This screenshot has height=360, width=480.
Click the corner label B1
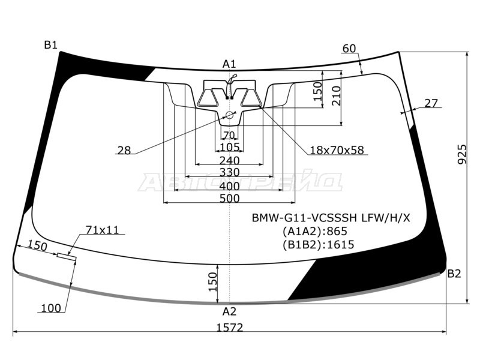tap(51, 46)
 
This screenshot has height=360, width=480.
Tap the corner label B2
tap(454, 274)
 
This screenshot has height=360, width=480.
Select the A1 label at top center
tap(229, 64)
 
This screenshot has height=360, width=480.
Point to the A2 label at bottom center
tap(230, 311)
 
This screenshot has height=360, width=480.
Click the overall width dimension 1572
tap(230, 328)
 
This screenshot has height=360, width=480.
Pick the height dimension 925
tap(462, 154)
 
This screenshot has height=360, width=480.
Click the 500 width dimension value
tap(230, 199)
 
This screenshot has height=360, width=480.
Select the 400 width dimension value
tap(230, 186)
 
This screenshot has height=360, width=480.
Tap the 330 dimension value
tap(230, 172)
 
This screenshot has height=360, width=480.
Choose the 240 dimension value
tap(230, 160)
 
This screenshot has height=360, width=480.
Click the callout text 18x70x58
tap(337, 150)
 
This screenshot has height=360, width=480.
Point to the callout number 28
tap(124, 151)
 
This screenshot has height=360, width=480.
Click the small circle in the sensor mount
tap(229, 115)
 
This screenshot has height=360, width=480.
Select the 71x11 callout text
tap(102, 230)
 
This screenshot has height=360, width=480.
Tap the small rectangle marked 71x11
tap(67, 257)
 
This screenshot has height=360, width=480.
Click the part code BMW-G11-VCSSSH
tap(304, 218)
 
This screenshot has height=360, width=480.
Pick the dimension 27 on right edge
tap(431, 103)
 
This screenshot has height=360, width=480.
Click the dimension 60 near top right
tap(349, 49)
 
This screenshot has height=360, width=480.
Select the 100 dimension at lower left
tap(51, 308)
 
